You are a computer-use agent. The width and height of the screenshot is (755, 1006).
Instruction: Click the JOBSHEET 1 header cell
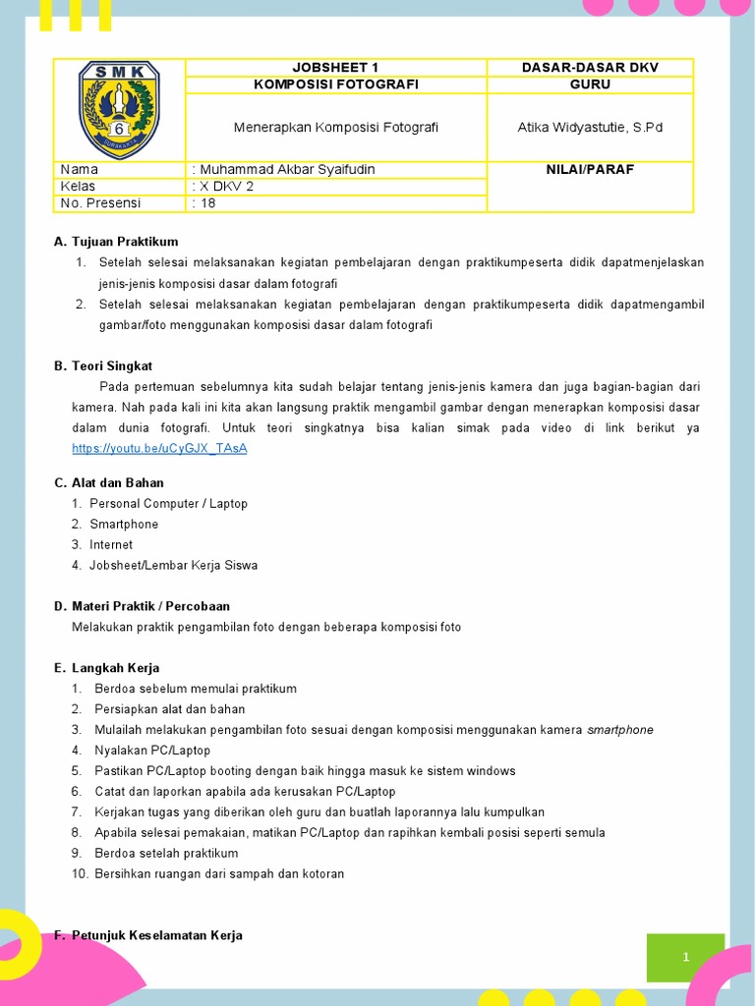tap(336, 67)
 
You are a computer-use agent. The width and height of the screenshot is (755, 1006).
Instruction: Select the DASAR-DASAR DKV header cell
tap(590, 67)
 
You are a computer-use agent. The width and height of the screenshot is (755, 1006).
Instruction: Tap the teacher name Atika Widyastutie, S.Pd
tap(590, 128)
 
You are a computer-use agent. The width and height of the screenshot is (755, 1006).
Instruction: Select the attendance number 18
tap(207, 203)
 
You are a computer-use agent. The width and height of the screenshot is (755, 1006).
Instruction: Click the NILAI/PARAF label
tap(590, 169)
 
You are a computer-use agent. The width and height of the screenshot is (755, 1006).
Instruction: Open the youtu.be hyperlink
tap(159, 448)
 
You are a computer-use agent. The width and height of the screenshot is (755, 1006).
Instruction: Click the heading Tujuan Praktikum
tap(125, 242)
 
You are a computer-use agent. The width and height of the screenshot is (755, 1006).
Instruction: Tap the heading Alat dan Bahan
tap(118, 482)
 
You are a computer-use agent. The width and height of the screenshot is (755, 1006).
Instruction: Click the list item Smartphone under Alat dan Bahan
tap(124, 524)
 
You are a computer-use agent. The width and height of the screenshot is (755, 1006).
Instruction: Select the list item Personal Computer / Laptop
tap(168, 503)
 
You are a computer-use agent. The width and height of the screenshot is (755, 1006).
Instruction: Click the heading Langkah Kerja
tap(115, 668)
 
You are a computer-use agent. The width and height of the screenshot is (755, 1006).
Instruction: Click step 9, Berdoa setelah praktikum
tap(166, 853)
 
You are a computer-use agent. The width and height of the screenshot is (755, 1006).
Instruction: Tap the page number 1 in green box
tap(685, 957)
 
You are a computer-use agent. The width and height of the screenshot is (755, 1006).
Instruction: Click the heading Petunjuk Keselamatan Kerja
tap(156, 935)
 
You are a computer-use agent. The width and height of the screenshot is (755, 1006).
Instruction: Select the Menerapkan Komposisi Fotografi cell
tap(336, 128)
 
